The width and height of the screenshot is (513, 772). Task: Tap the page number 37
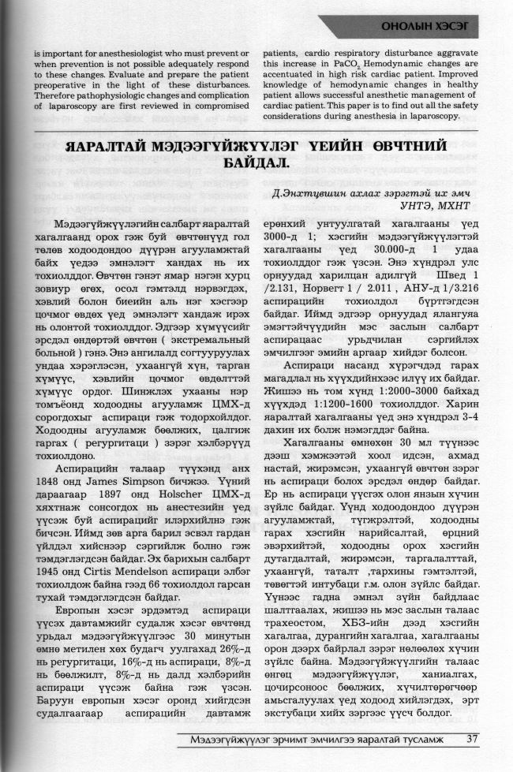click(x=473, y=739)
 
